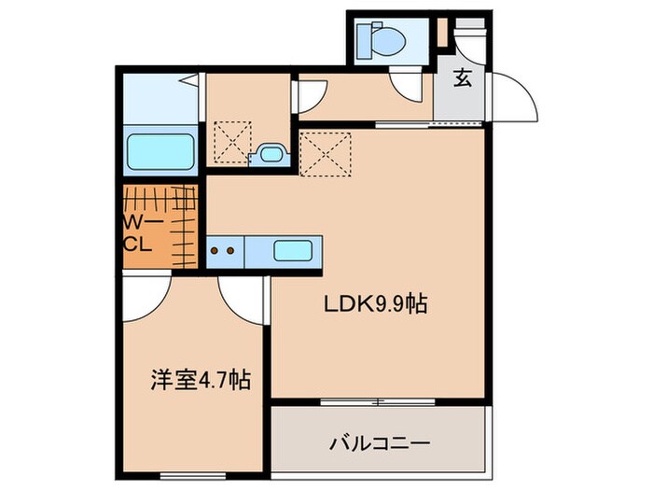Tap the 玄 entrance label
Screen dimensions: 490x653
coord(463,78)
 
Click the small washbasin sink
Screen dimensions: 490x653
coord(271,155)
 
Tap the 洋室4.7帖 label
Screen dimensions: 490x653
coord(201,380)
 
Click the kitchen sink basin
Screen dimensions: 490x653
coord(294,250)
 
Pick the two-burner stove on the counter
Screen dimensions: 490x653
coord(222,250)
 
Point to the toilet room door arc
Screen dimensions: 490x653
coord(407,90)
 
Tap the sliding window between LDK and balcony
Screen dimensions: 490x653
coord(379,402)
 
